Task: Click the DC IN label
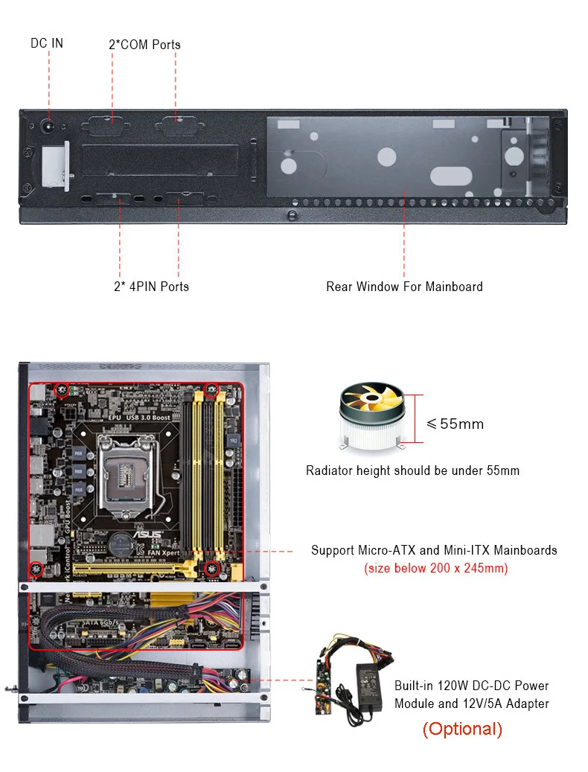coord(47,43)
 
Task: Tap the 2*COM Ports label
coord(144,45)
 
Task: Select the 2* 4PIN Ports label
coord(151,287)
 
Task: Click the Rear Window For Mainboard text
coord(404,287)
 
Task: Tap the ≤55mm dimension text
coord(455,424)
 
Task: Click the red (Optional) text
coord(462,730)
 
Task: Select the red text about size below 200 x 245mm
coord(435,569)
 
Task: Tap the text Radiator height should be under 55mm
coord(412,470)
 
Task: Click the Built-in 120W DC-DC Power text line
coord(471,686)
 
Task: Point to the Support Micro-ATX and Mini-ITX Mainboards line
coord(434,551)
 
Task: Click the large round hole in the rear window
coord(386,156)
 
